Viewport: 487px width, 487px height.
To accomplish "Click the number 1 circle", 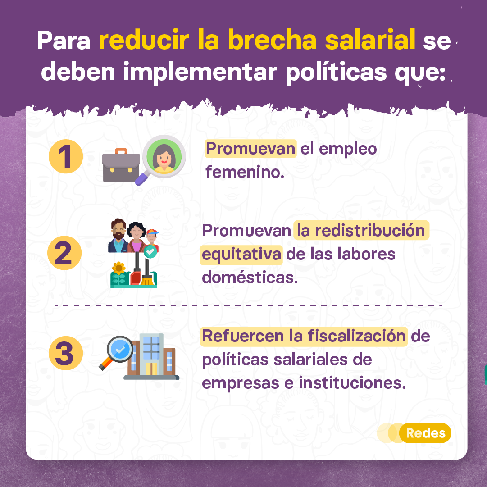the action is [x=66, y=156].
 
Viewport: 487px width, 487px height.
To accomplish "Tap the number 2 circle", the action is [x=64, y=253].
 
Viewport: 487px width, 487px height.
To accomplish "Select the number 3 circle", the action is [x=66, y=353].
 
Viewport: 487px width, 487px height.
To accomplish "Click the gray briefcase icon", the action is [x=121, y=166].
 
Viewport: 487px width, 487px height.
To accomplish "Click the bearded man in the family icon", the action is [x=118, y=236].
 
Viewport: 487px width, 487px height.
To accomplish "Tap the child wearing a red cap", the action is [x=152, y=239].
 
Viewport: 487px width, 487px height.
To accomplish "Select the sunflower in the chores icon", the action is [x=118, y=268].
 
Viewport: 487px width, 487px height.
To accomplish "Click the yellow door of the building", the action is [x=151, y=369].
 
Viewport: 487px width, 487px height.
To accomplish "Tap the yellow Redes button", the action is [x=425, y=433].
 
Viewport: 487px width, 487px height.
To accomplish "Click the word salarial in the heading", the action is [x=370, y=40].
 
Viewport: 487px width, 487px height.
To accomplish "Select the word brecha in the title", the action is [x=272, y=40].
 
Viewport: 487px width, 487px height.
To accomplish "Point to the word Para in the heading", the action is [x=64, y=41].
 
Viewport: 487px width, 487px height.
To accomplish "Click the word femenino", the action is [x=245, y=172].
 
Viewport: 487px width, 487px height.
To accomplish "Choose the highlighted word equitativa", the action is [x=241, y=255].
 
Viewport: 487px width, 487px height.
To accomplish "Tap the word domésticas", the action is [x=250, y=277].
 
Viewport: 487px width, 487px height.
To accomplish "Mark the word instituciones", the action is [x=352, y=382].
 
